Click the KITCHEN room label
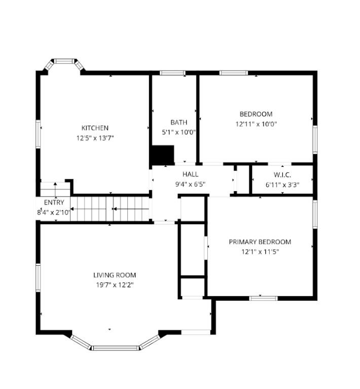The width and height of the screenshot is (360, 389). (x=95, y=128)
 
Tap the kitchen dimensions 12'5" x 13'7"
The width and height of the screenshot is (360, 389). (x=95, y=138)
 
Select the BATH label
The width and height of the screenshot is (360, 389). (x=178, y=122)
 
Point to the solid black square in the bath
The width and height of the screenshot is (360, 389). (x=163, y=155)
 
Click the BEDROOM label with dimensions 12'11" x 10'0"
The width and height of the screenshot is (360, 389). (x=256, y=114)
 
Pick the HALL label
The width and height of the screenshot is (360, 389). (x=190, y=174)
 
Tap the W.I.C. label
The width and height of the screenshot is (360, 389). (x=282, y=174)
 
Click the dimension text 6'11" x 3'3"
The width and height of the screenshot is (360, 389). (x=282, y=185)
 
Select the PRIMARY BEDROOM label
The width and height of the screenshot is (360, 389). (x=260, y=242)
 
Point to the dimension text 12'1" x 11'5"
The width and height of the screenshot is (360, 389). (x=260, y=252)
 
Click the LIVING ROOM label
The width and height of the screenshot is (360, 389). (x=115, y=275)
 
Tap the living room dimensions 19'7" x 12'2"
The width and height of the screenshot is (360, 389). (x=115, y=285)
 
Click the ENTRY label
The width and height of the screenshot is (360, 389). (x=54, y=202)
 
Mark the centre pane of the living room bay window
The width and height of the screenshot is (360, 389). (x=116, y=348)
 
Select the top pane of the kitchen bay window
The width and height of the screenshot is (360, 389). (x=64, y=61)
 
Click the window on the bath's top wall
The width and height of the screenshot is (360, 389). (x=172, y=73)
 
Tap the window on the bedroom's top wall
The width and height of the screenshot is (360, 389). (x=234, y=73)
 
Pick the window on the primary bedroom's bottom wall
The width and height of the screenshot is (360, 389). (x=264, y=298)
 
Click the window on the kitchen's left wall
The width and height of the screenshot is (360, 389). (x=38, y=134)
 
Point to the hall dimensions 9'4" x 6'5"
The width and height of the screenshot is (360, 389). (x=190, y=184)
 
